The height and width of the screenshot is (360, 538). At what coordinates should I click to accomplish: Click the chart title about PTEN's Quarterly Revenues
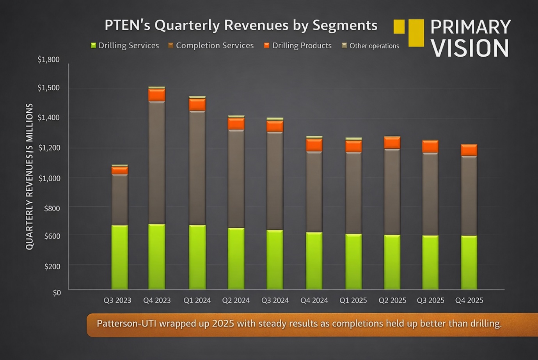(x=241, y=25)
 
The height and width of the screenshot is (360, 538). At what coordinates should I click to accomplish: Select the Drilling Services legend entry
(x=125, y=46)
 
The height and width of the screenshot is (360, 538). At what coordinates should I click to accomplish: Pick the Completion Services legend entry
(x=211, y=46)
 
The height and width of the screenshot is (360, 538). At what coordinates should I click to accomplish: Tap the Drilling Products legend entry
(x=298, y=46)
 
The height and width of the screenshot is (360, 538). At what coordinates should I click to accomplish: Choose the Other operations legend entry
(x=370, y=46)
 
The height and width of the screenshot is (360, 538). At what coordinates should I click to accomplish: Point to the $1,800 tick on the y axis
(x=48, y=60)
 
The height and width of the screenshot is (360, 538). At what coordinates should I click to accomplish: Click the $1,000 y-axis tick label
(x=49, y=178)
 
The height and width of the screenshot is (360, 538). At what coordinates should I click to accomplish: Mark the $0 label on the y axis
(x=57, y=293)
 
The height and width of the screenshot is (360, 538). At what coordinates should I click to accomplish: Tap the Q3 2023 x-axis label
(x=117, y=300)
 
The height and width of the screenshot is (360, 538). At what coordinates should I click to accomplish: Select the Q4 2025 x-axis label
(x=469, y=300)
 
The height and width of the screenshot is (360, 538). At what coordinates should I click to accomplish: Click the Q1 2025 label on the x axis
(x=353, y=300)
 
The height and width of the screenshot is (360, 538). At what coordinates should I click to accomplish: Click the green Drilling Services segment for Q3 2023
(x=119, y=257)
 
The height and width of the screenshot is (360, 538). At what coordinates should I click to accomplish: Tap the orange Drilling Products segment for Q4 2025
(x=469, y=150)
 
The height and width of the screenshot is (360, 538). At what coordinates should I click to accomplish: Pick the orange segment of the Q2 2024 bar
(x=236, y=124)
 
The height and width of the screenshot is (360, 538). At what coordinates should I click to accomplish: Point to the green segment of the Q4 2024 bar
(x=314, y=261)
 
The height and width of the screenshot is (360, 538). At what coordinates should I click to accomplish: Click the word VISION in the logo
(x=470, y=48)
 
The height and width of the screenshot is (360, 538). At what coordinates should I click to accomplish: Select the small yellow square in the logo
(x=399, y=27)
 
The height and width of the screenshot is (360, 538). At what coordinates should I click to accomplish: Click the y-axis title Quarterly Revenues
(x=29, y=176)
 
